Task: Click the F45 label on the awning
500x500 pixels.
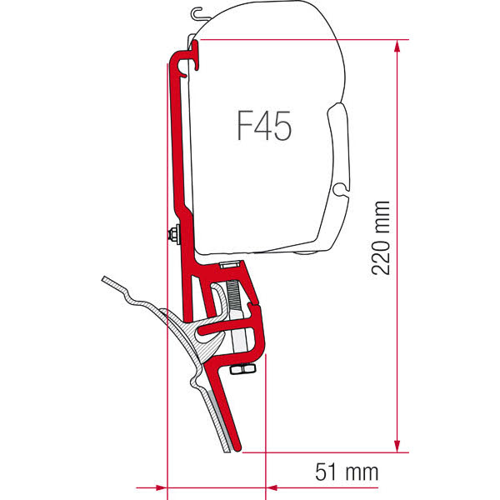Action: click(264, 126)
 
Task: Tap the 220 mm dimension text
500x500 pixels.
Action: click(381, 237)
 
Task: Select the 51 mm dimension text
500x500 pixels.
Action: click(347, 472)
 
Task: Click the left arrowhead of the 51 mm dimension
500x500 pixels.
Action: click(162, 487)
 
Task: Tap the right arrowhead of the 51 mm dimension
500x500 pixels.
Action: click(272, 487)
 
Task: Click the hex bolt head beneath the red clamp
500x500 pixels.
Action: click(242, 369)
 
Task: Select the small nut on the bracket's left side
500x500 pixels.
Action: click(173, 234)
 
